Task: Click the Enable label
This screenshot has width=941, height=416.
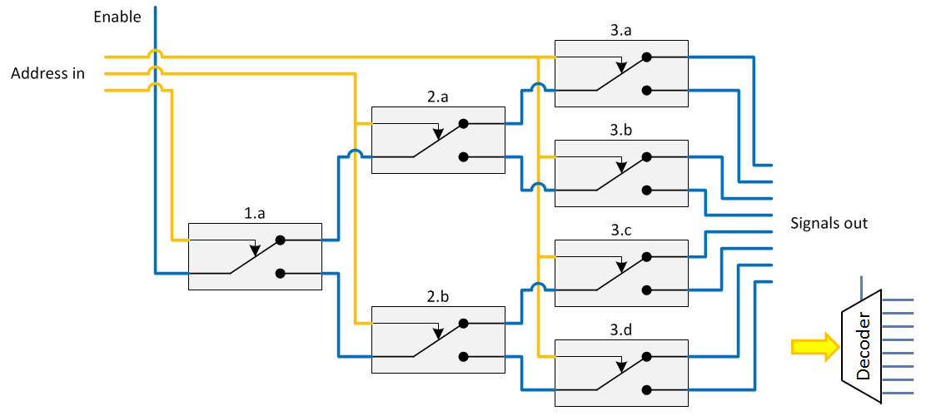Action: [x=117, y=17]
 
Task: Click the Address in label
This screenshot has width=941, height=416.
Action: [x=47, y=73]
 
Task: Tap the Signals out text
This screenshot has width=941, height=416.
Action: [x=829, y=223]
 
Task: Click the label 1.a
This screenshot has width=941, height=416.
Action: [x=255, y=214]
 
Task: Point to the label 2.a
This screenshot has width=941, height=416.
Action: [x=438, y=97]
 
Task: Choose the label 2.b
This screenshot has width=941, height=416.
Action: [x=438, y=297]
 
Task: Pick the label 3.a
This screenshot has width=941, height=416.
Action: [x=621, y=31]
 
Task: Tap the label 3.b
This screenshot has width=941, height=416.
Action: [x=621, y=131]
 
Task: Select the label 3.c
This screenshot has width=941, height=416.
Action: [x=621, y=230]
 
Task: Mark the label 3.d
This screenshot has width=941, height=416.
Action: [x=621, y=330]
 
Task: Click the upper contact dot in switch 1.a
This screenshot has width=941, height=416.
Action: [x=281, y=240]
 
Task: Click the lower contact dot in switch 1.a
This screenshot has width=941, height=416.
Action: [x=281, y=273]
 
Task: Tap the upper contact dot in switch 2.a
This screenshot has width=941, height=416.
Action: [x=464, y=123]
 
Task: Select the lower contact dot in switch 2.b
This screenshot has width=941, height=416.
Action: [x=464, y=356]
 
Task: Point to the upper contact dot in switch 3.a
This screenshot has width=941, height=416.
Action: [x=647, y=57]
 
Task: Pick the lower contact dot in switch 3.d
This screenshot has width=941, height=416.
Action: [x=647, y=389]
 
